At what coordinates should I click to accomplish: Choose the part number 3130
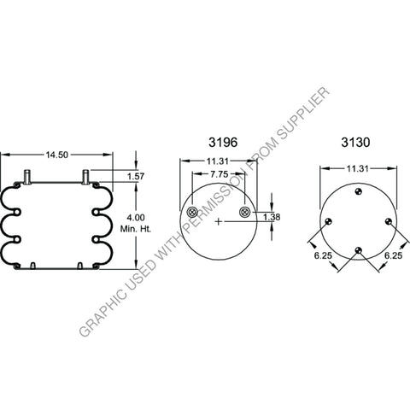[x=354, y=140]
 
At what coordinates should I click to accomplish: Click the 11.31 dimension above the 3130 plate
[x=359, y=169]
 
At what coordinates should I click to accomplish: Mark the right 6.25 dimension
[x=393, y=254]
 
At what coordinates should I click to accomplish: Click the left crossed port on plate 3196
[x=190, y=212]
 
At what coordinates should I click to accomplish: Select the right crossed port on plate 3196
[x=246, y=212]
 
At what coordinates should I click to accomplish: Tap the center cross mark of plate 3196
[x=220, y=222]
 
